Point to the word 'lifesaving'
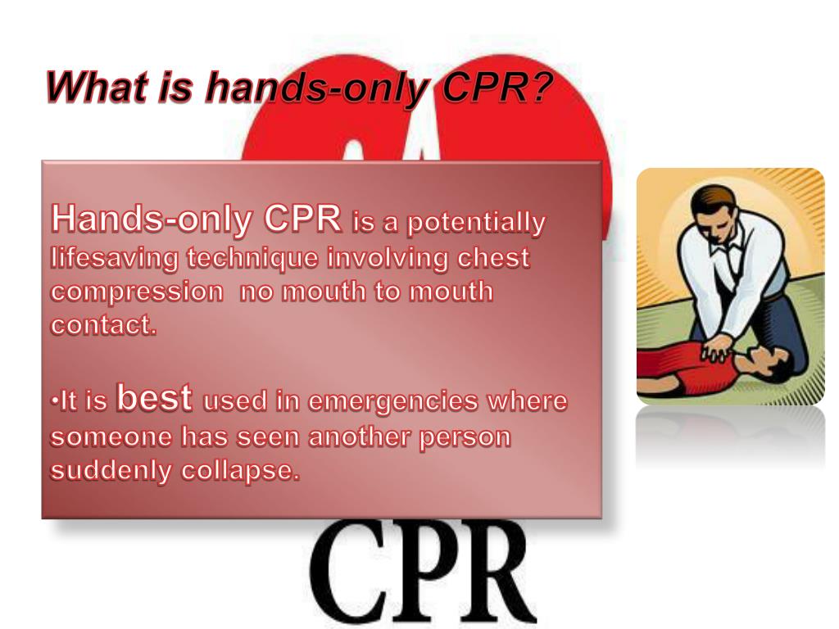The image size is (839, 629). click(x=116, y=260)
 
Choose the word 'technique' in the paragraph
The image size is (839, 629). click(x=253, y=259)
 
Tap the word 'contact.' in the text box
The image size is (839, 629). click(x=103, y=324)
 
